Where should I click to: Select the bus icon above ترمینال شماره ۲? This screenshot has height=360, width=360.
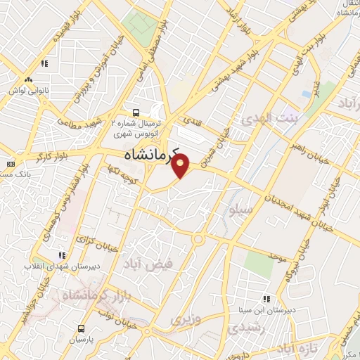click(136, 112)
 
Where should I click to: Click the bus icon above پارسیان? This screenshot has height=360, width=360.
click(82, 328)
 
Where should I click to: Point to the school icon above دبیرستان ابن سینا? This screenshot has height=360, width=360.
click(266, 298)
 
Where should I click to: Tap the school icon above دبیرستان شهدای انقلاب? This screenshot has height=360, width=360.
click(62, 255)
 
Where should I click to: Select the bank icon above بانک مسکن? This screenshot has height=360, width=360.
click(10, 163)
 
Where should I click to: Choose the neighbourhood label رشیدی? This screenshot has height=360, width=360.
click(247, 328)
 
